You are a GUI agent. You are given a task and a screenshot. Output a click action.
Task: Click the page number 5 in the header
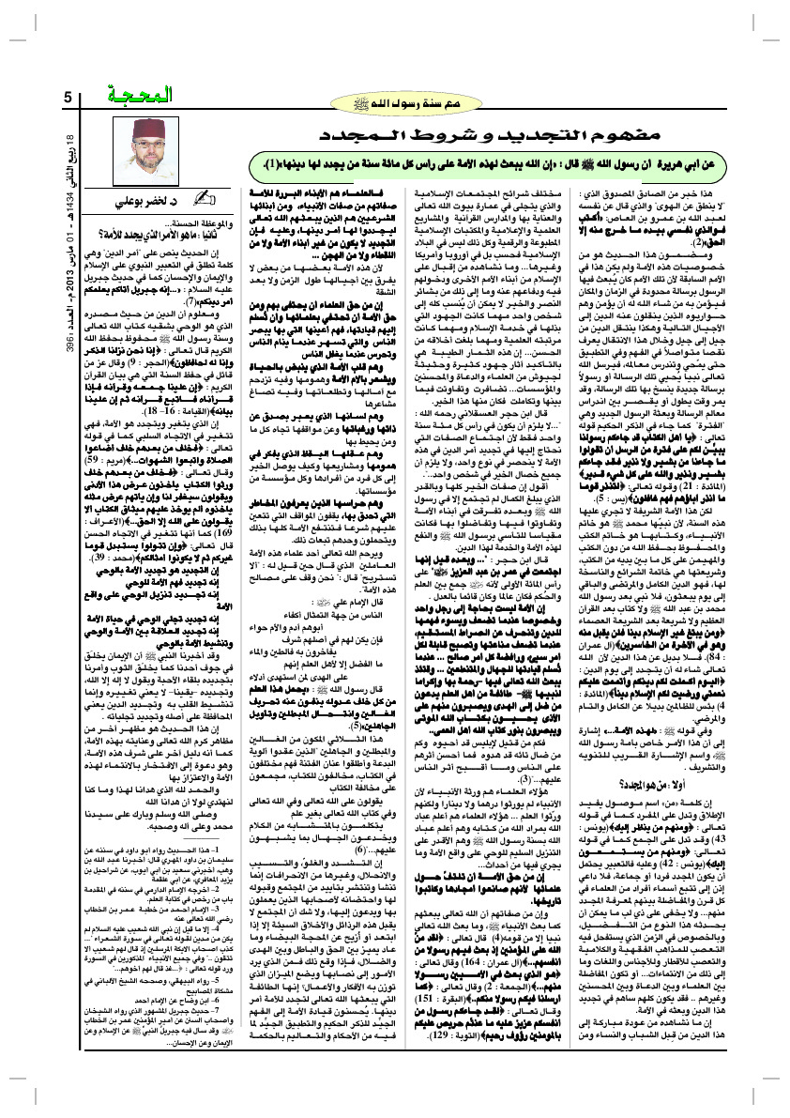click(68, 98)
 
